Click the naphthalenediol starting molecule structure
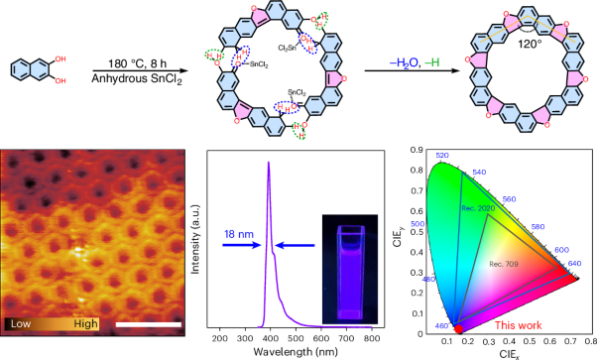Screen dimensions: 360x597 coord(37,71)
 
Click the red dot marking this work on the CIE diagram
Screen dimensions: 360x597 coord(458,328)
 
